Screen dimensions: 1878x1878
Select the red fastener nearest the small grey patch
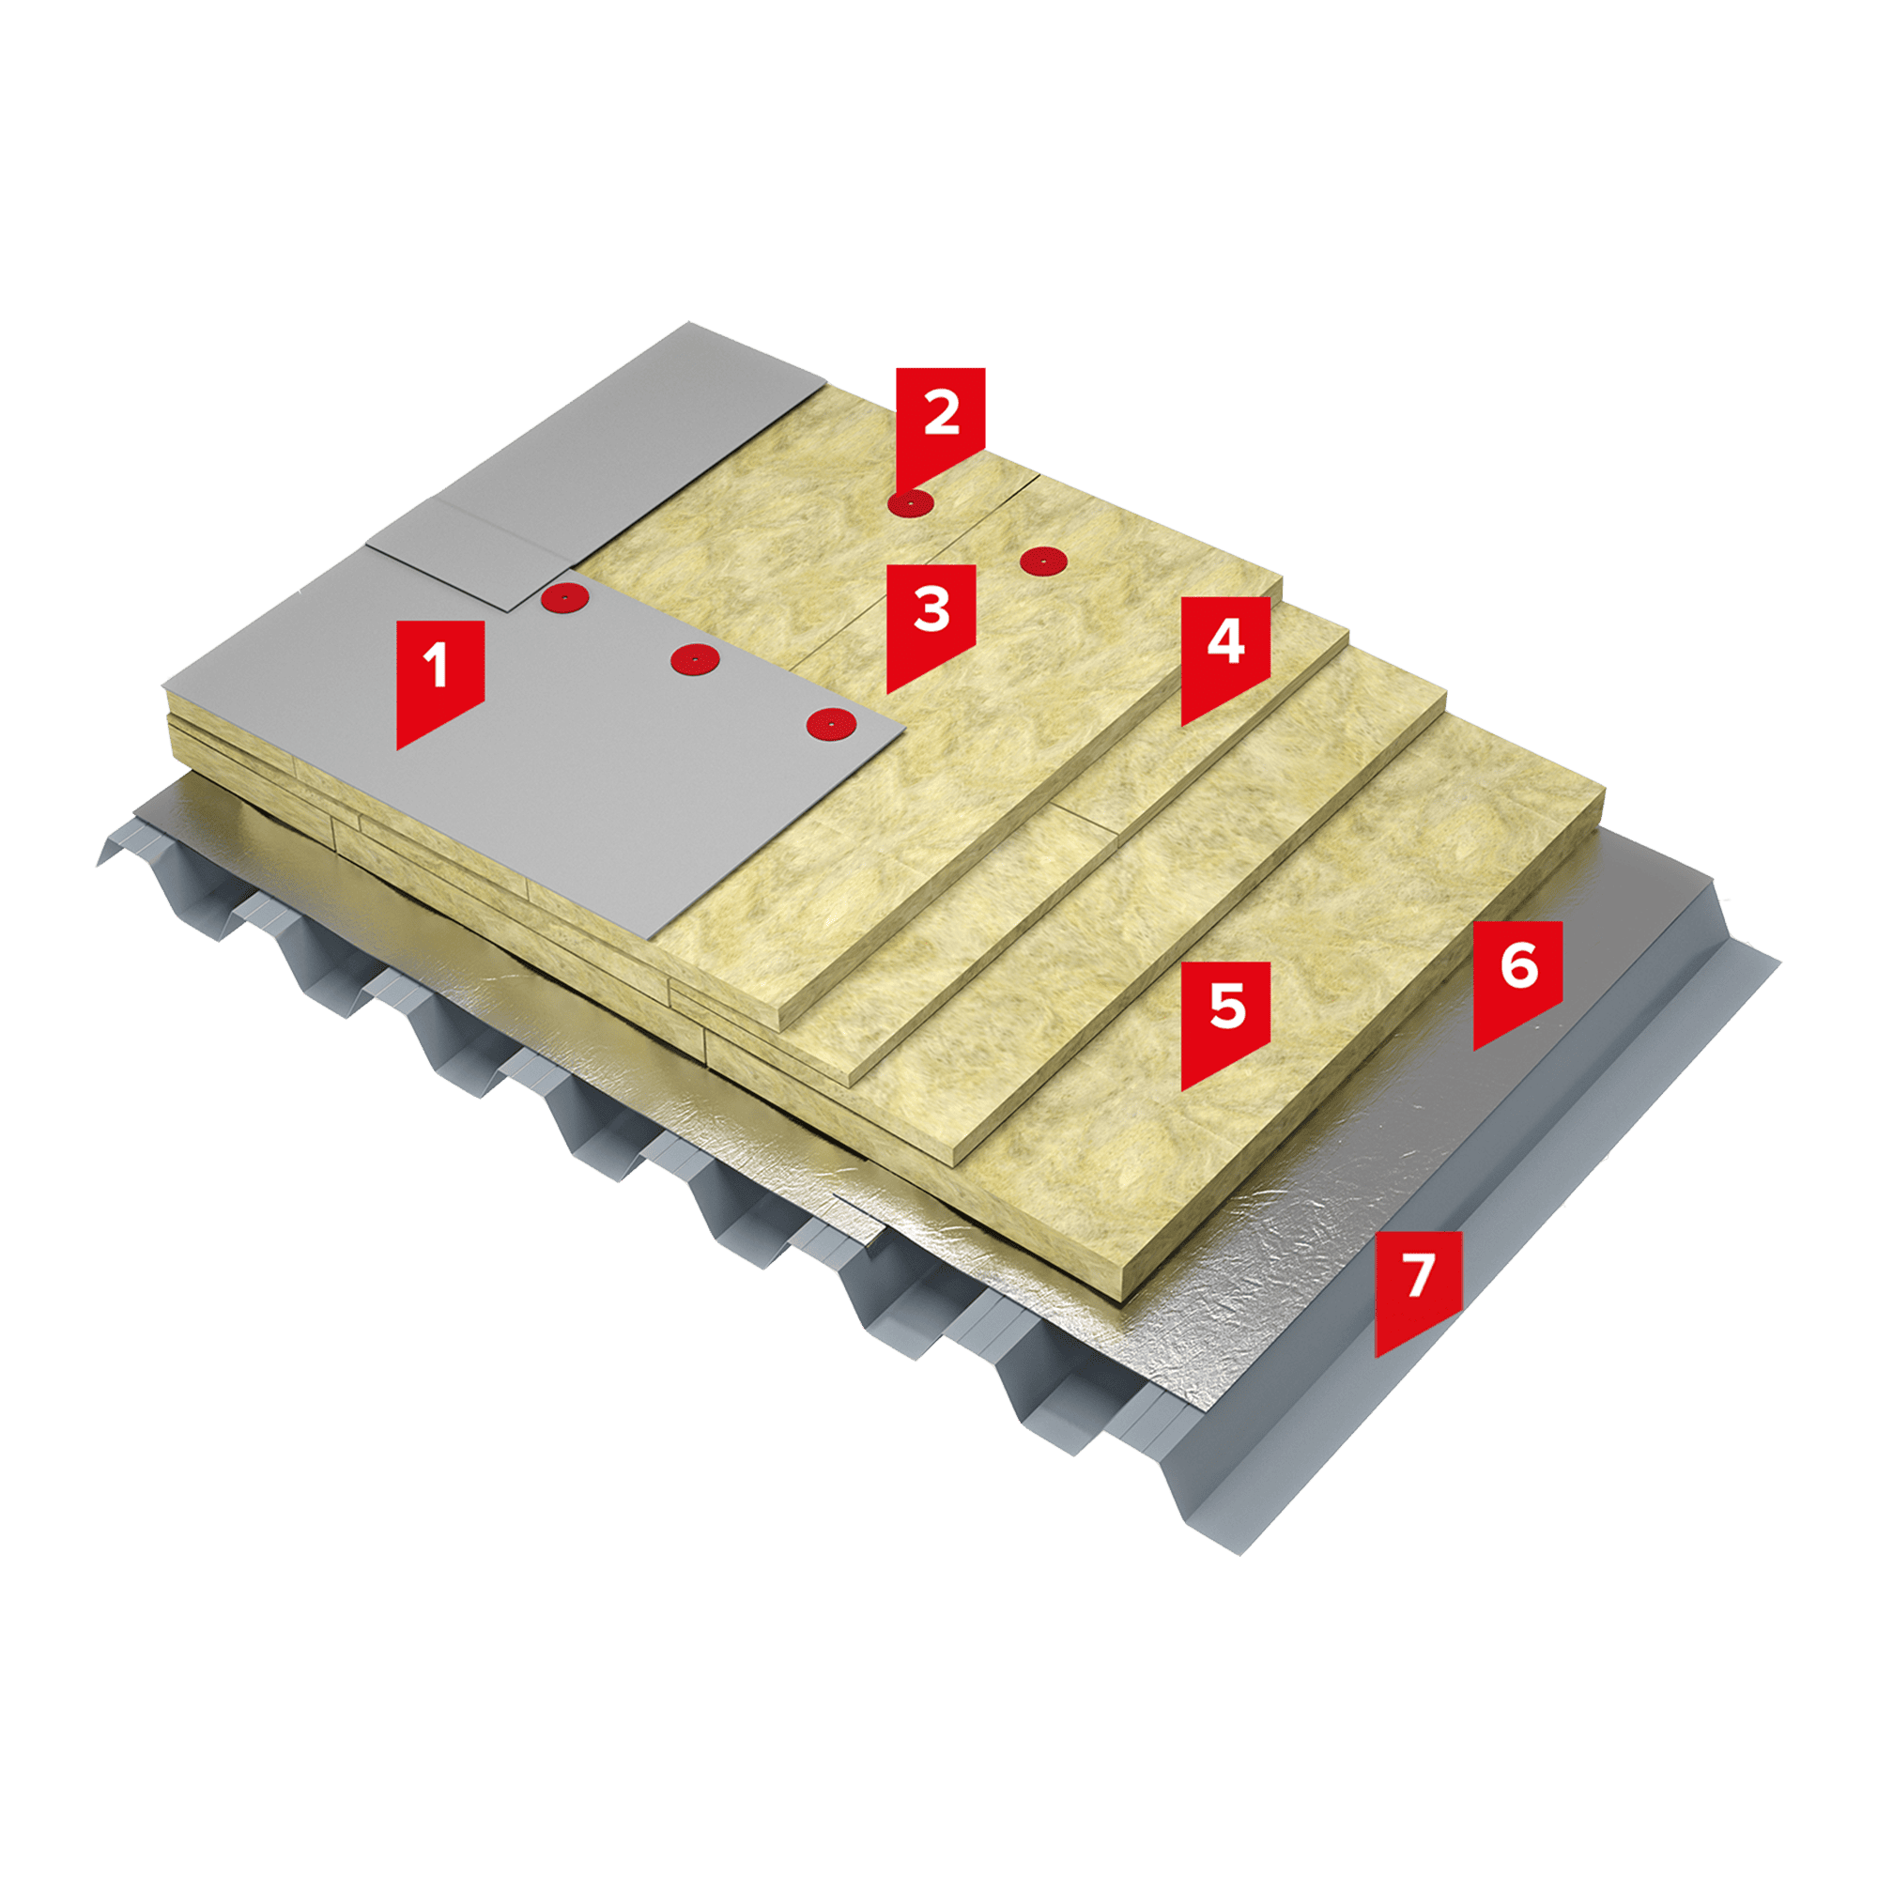coord(563,596)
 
